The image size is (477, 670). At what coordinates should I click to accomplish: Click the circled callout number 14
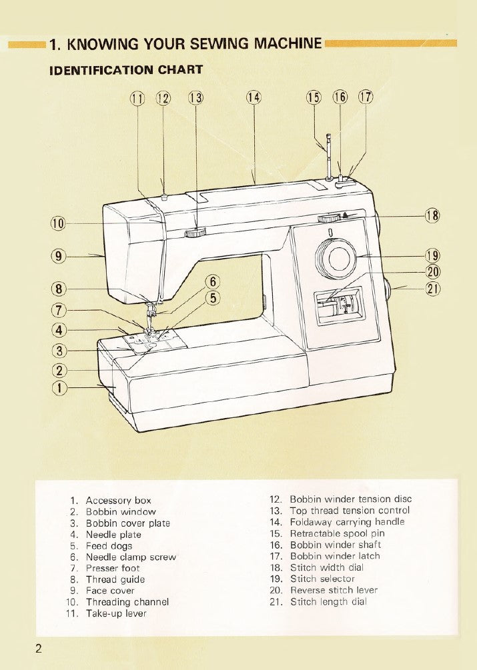click(x=254, y=98)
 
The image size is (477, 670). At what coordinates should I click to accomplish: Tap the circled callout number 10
click(x=57, y=223)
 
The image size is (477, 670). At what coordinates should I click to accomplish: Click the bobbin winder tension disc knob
click(x=164, y=197)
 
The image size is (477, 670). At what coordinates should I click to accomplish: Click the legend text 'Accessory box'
click(x=118, y=500)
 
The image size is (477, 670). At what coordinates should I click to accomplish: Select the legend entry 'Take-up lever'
click(x=116, y=613)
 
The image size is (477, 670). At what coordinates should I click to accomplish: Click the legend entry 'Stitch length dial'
click(x=328, y=601)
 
